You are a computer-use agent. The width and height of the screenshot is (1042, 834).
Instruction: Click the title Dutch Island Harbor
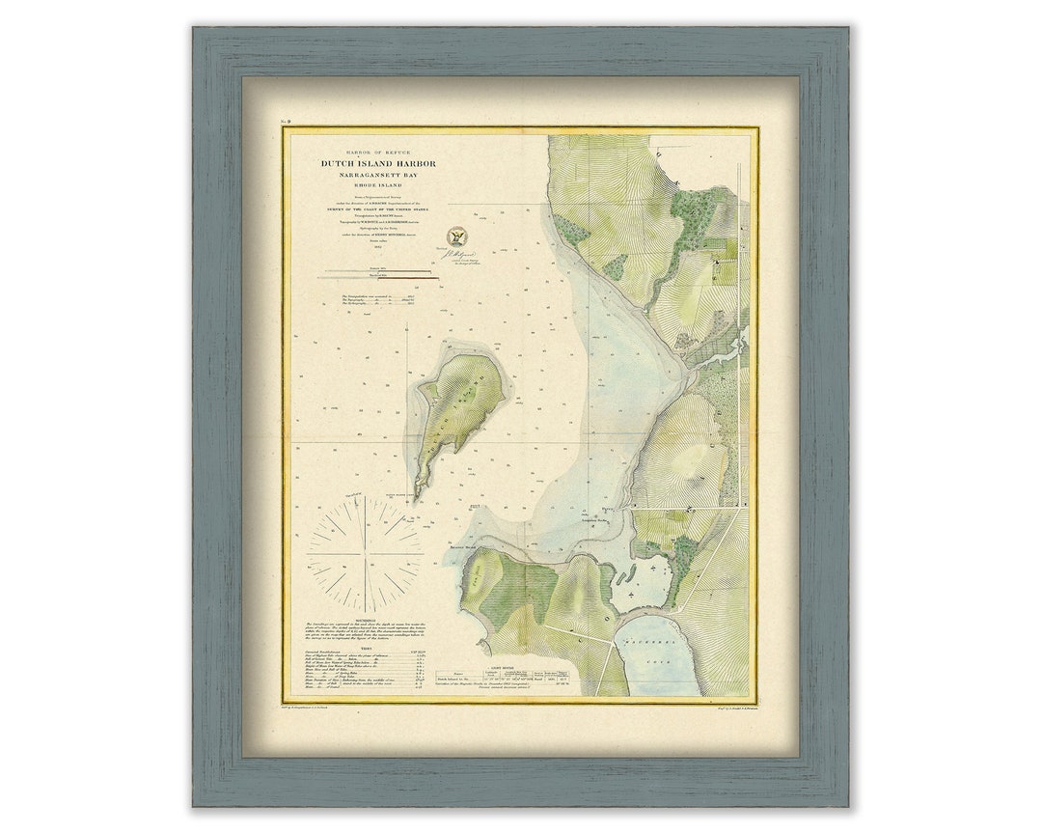pyautogui.click(x=379, y=164)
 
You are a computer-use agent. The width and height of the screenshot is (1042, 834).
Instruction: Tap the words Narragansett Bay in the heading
pyautogui.click(x=379, y=176)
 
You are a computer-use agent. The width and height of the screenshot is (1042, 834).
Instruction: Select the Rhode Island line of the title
pyautogui.click(x=379, y=186)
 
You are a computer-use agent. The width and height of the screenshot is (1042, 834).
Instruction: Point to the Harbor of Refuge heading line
pyautogui.click(x=379, y=153)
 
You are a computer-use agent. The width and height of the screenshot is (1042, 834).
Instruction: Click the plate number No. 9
pyautogui.click(x=286, y=122)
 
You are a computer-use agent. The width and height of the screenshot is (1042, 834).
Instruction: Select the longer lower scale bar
pyautogui.click(x=381, y=278)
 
